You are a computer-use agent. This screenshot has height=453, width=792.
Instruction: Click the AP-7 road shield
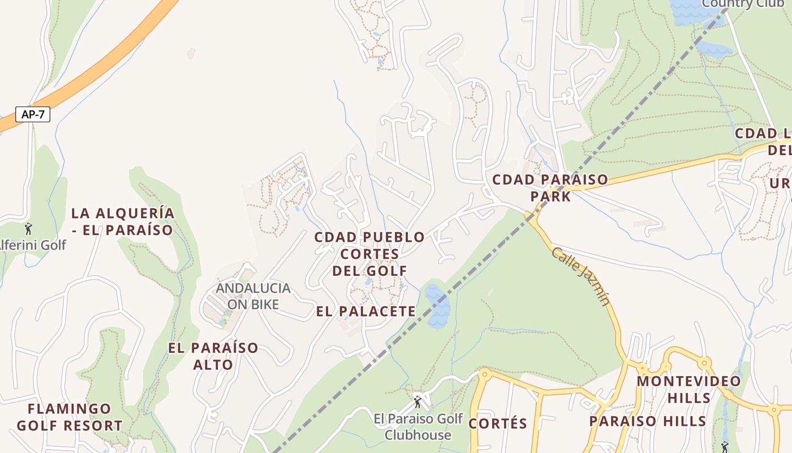[x=33, y=114]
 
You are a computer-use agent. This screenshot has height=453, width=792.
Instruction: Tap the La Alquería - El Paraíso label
[x=122, y=221]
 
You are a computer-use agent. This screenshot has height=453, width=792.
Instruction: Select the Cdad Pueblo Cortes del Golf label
[x=369, y=254]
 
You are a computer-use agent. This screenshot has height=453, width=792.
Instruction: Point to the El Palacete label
[x=366, y=311]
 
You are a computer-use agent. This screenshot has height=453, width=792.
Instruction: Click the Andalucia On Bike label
[x=253, y=296]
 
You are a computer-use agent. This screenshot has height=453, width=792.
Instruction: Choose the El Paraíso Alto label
[x=213, y=356]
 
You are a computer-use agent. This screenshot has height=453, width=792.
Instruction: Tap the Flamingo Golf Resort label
[x=70, y=417]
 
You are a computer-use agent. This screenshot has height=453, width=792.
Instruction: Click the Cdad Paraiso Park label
[x=550, y=188]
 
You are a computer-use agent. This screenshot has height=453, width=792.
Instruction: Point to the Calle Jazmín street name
[x=580, y=276]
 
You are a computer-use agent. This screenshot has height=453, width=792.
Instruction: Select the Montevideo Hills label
[x=688, y=389]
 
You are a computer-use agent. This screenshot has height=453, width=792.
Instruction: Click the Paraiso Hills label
[x=648, y=421]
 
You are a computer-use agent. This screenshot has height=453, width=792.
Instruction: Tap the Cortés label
[x=498, y=424]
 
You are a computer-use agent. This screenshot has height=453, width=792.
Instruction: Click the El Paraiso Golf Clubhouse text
[x=418, y=427]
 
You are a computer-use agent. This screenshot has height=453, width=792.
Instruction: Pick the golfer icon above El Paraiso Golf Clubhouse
[x=417, y=402]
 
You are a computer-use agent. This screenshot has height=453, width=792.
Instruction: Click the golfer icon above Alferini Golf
[x=28, y=229]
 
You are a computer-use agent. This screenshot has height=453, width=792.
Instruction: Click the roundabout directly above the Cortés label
[x=484, y=374]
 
